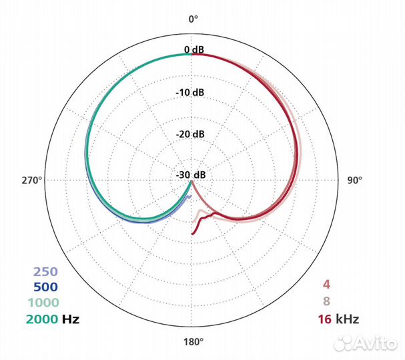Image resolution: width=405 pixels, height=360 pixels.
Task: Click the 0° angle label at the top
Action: [x=193, y=19]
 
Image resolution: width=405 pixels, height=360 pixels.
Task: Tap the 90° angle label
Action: [x=355, y=180]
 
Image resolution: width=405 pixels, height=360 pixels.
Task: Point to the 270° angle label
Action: [x=31, y=180]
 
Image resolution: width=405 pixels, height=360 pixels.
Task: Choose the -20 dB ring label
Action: [x=191, y=133]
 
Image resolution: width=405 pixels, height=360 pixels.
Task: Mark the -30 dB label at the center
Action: [x=191, y=175]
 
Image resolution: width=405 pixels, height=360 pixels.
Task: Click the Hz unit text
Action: [x=71, y=319]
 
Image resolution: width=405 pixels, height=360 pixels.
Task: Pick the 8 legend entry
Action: [x=326, y=301]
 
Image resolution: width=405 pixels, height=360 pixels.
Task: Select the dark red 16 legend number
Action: [x=325, y=319]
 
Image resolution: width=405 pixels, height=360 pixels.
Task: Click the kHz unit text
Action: [x=347, y=319]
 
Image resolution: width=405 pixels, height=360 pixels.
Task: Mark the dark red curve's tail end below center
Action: [x=193, y=233]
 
